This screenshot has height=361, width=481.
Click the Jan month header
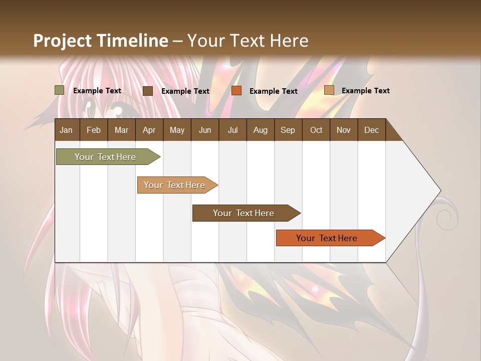coord(66,130)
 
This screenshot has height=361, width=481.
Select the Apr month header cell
coord(149,130)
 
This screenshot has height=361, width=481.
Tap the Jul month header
coord(232,130)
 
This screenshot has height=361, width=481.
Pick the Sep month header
coord(288,130)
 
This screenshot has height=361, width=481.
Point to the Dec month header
coord(371,130)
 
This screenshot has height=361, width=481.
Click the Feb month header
coord(94,130)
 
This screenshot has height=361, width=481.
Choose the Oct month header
coord(316,130)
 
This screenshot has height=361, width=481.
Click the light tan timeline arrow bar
coord(176,185)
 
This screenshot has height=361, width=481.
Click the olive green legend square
coord(59,90)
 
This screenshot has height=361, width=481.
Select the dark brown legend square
coord(148,91)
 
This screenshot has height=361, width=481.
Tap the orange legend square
coord(236,91)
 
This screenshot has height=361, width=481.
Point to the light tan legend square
coord(329,90)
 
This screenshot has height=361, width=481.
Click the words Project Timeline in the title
coord(100,41)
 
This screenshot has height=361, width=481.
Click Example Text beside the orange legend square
coord(273,91)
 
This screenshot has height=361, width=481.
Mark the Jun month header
coord(205,130)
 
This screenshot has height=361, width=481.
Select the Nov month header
coord(344,130)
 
